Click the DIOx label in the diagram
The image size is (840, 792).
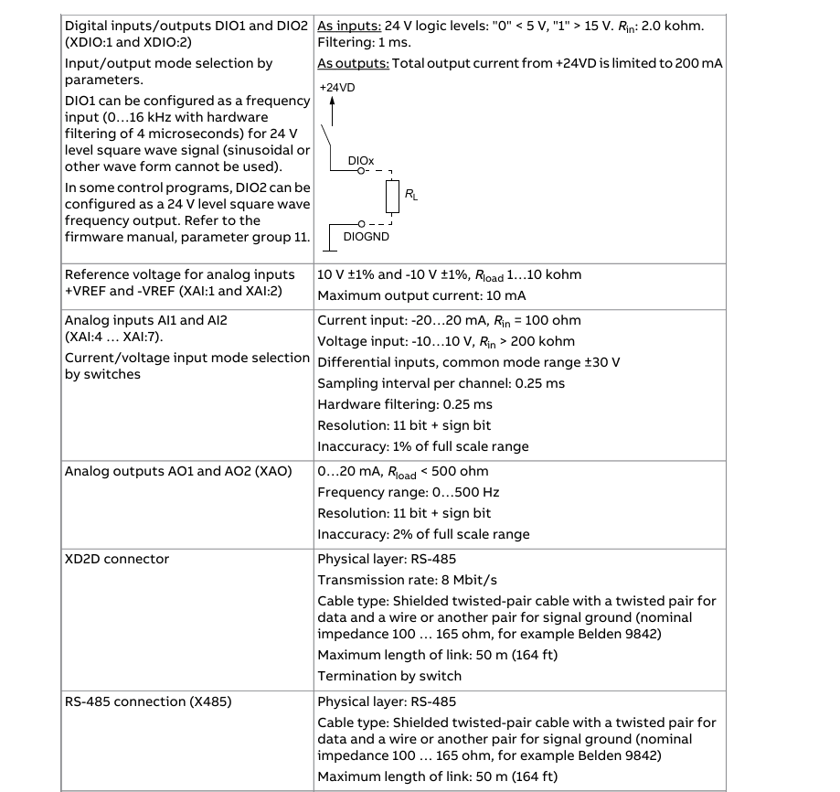(x=361, y=160)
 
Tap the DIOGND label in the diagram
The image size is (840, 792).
(x=366, y=237)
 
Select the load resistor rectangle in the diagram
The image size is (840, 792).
(x=392, y=196)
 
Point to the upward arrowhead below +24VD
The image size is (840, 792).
(x=332, y=102)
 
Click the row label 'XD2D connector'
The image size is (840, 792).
(x=117, y=559)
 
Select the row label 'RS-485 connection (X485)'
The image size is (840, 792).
(x=147, y=702)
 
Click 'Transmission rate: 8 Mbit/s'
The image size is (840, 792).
(x=409, y=580)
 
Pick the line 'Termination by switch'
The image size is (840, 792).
(x=389, y=677)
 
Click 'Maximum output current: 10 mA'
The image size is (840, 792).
(x=421, y=295)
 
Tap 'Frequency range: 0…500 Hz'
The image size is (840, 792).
(x=408, y=492)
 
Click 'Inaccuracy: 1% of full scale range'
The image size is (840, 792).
(x=422, y=447)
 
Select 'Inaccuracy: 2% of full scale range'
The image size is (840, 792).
(x=423, y=535)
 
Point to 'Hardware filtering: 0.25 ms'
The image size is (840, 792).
(x=405, y=404)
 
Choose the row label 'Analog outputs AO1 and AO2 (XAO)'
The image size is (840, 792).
(x=178, y=471)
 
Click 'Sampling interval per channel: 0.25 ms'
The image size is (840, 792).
(x=441, y=383)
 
